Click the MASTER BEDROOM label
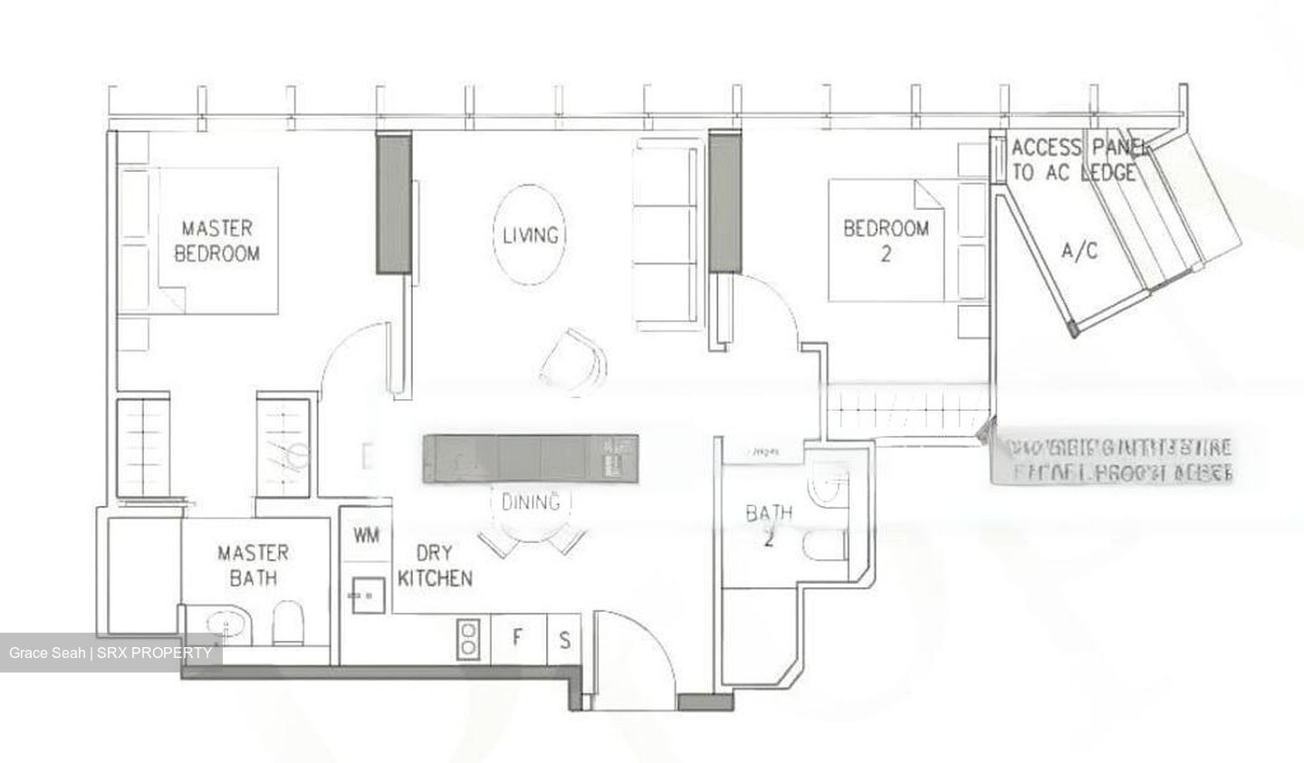point(216,240)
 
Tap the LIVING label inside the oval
point(531,235)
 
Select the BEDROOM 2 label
point(886,240)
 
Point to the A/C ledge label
point(1079,251)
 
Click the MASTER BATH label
point(253,564)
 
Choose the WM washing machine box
point(366,536)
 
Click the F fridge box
point(517,637)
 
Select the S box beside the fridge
point(564,640)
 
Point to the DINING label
point(531,501)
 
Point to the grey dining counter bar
point(531,455)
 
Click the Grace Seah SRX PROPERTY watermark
point(110,653)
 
